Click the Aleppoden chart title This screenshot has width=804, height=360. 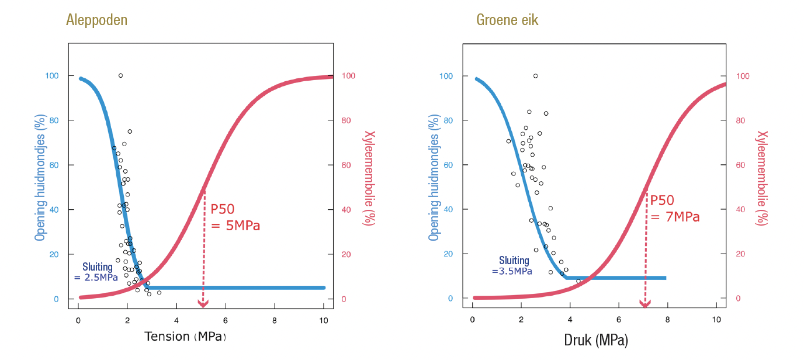[96, 20]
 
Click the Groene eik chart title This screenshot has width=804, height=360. [507, 20]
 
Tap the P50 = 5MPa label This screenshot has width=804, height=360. [235, 217]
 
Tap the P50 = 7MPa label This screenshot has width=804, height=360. [674, 208]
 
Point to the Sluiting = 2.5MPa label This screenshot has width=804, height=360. [96, 272]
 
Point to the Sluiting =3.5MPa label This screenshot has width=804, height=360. [512, 266]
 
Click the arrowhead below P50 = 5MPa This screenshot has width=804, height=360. [203, 304]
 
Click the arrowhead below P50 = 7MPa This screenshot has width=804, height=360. [645, 304]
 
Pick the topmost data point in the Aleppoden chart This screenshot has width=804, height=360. [120, 75]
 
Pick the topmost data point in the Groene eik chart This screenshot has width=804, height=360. [535, 76]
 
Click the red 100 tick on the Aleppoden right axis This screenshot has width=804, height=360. [349, 76]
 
